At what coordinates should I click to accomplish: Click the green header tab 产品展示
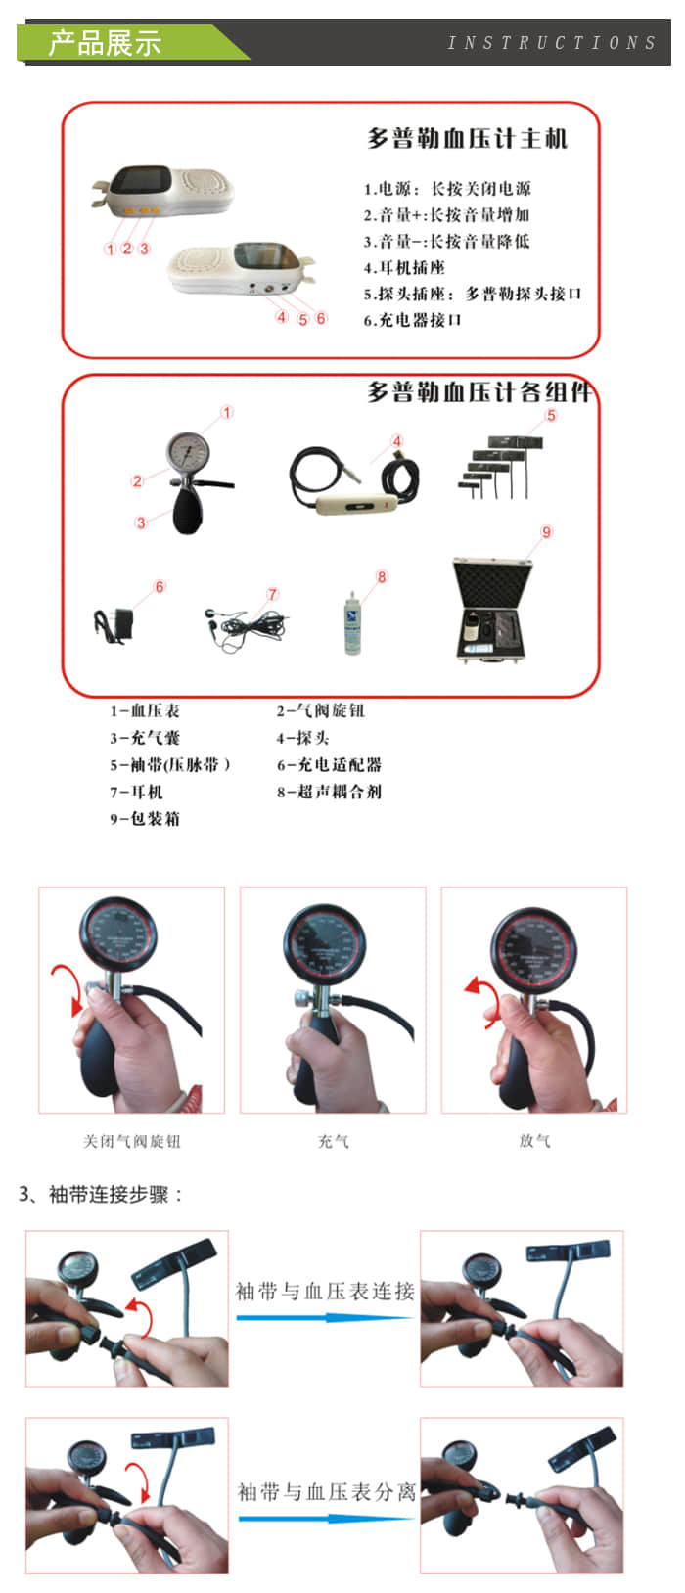click(106, 43)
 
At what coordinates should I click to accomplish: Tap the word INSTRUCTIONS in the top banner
click(551, 43)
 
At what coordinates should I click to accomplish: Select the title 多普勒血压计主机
click(467, 139)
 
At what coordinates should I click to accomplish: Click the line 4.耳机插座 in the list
click(404, 267)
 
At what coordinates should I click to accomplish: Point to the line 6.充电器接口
click(412, 320)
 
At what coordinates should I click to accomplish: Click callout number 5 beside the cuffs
click(551, 416)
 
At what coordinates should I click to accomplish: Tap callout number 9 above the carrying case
click(547, 532)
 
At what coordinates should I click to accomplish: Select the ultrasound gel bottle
click(351, 623)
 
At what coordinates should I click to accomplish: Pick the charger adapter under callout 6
click(113, 625)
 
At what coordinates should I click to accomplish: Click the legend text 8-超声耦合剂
click(329, 792)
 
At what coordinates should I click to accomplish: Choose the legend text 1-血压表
click(145, 711)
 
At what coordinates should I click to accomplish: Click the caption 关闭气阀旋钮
click(131, 1141)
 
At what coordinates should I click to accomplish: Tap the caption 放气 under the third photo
click(534, 1141)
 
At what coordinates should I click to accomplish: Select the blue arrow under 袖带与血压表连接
click(324, 1318)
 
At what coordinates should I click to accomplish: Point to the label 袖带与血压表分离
click(326, 1492)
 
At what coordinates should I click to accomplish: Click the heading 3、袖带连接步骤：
click(101, 1195)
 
